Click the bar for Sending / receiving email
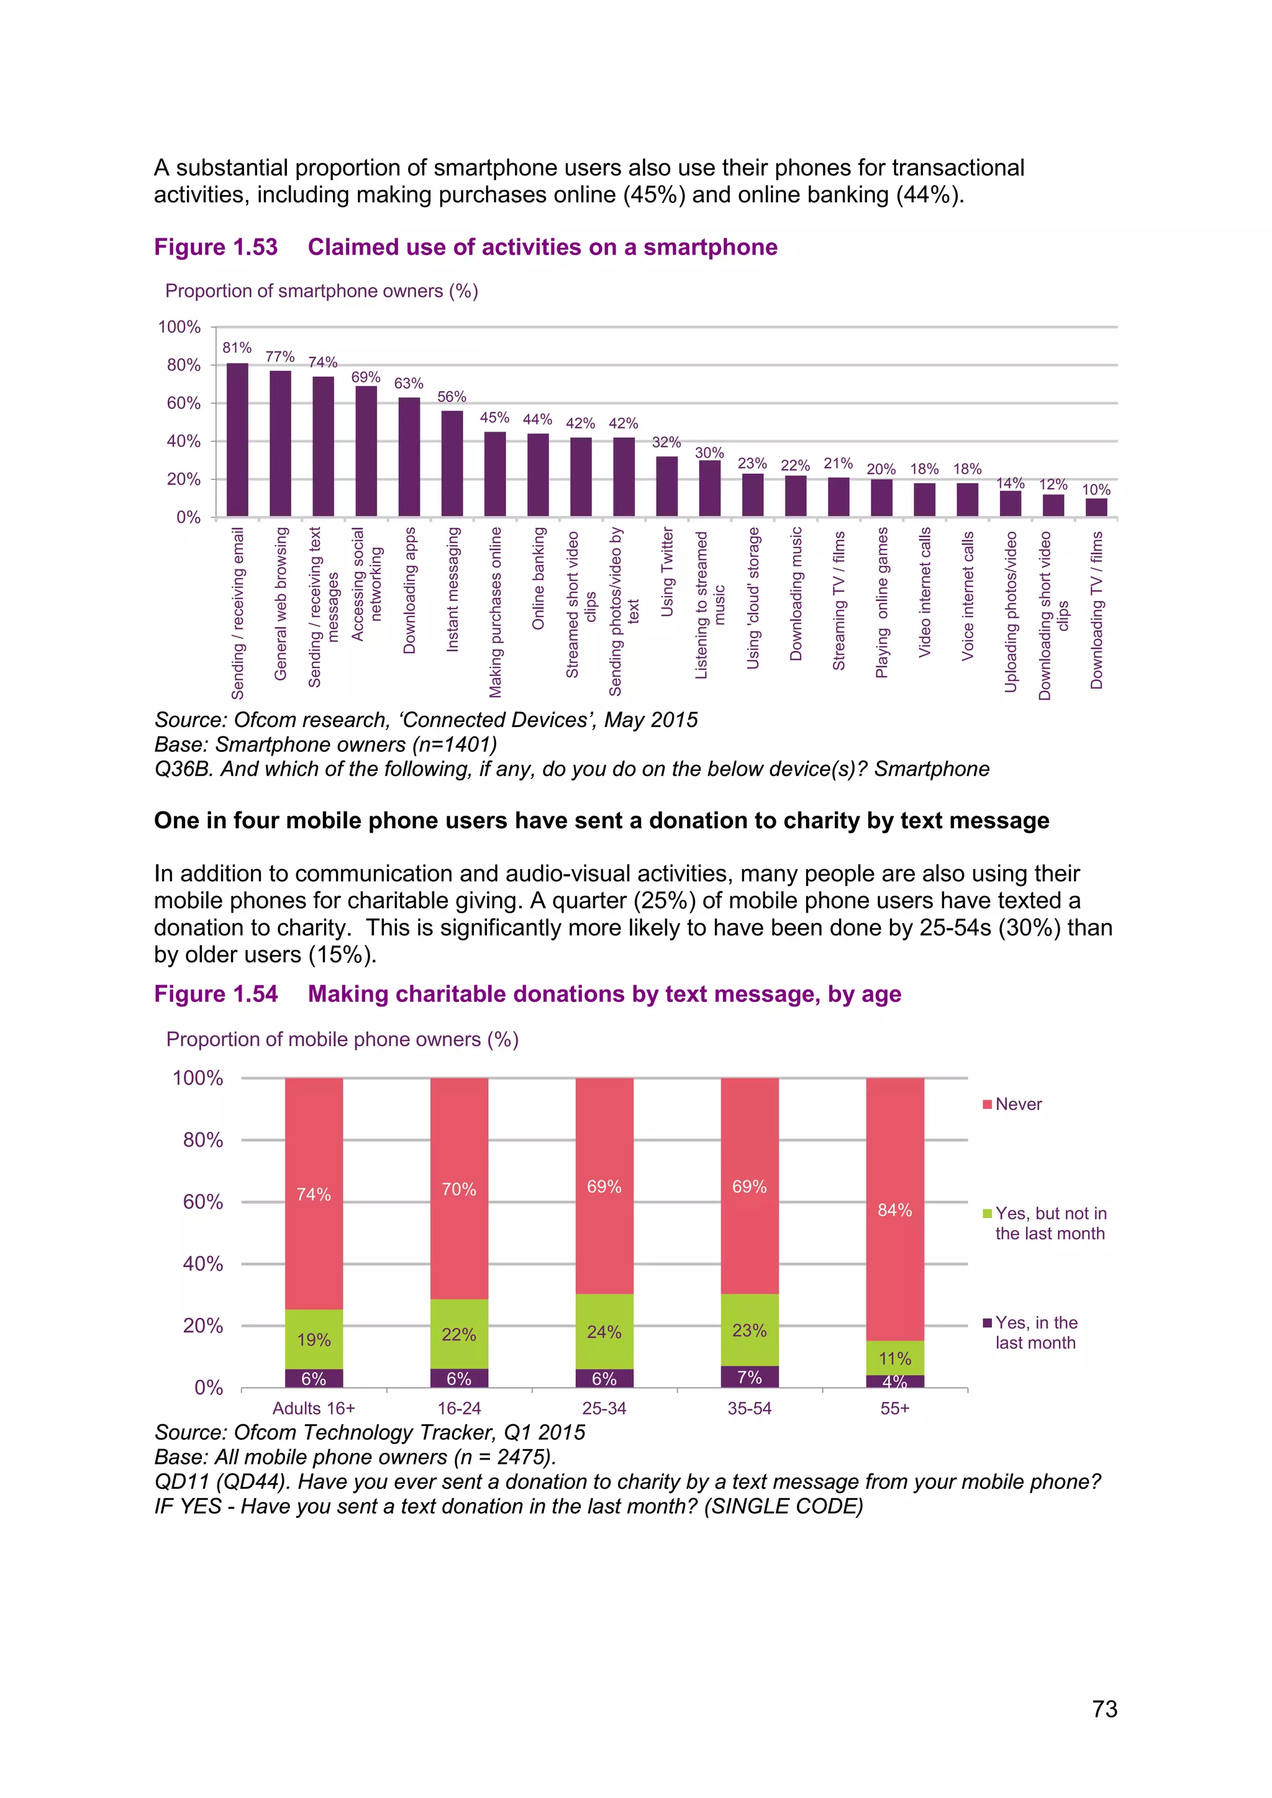point(237,440)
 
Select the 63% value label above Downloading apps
point(408,384)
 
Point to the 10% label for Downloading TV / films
point(1096,490)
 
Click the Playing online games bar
point(881,498)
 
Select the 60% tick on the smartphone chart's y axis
point(183,404)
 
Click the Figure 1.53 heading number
point(216,248)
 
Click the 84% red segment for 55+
point(894,1210)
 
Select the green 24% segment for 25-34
point(604,1332)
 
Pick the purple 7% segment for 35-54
point(750,1378)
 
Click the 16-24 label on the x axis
point(459,1409)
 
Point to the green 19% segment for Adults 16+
point(313,1340)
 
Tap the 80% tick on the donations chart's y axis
point(203,1140)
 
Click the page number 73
point(1104,1709)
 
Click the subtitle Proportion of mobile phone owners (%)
point(342,1040)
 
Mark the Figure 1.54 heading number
point(216,995)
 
